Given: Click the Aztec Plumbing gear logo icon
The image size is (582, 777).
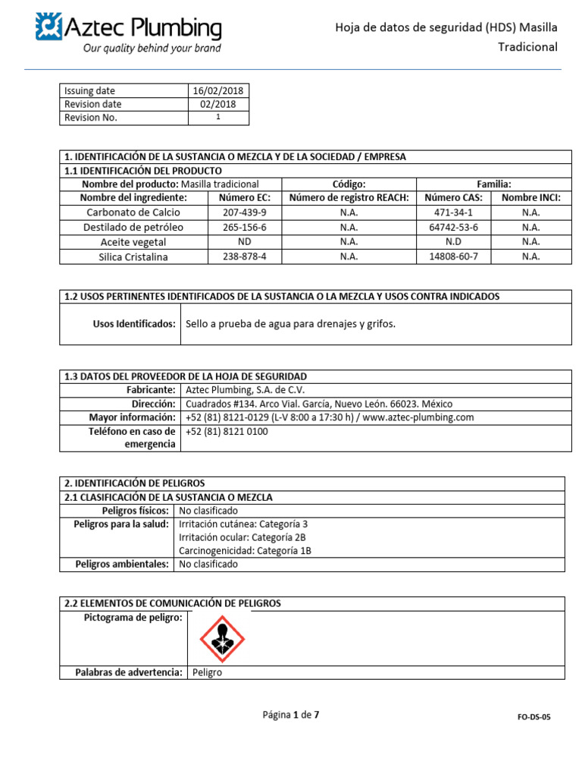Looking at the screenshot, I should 48,27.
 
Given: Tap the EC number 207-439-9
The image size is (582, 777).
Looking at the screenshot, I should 244,212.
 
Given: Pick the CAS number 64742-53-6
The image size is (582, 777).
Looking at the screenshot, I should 453,227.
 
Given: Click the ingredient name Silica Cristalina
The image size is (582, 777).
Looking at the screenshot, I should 133,256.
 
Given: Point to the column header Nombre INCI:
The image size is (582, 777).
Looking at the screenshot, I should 530,197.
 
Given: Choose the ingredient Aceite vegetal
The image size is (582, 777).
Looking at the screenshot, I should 133,242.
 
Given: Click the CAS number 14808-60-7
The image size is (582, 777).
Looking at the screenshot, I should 453,256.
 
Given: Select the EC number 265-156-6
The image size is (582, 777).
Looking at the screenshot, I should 244,227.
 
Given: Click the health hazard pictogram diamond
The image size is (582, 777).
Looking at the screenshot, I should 222,639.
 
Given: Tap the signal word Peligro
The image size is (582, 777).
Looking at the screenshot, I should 208,673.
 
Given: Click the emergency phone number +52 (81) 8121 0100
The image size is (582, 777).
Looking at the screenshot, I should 227,432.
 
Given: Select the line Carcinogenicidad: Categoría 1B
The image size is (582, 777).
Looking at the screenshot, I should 245,551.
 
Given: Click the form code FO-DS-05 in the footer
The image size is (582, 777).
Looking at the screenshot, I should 534,716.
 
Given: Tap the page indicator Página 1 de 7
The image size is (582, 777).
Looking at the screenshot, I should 291,715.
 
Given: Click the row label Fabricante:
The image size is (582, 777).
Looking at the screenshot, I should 151,390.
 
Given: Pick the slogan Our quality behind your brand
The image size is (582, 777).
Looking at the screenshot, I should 152,49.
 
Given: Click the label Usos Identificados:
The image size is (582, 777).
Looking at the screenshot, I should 134,324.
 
